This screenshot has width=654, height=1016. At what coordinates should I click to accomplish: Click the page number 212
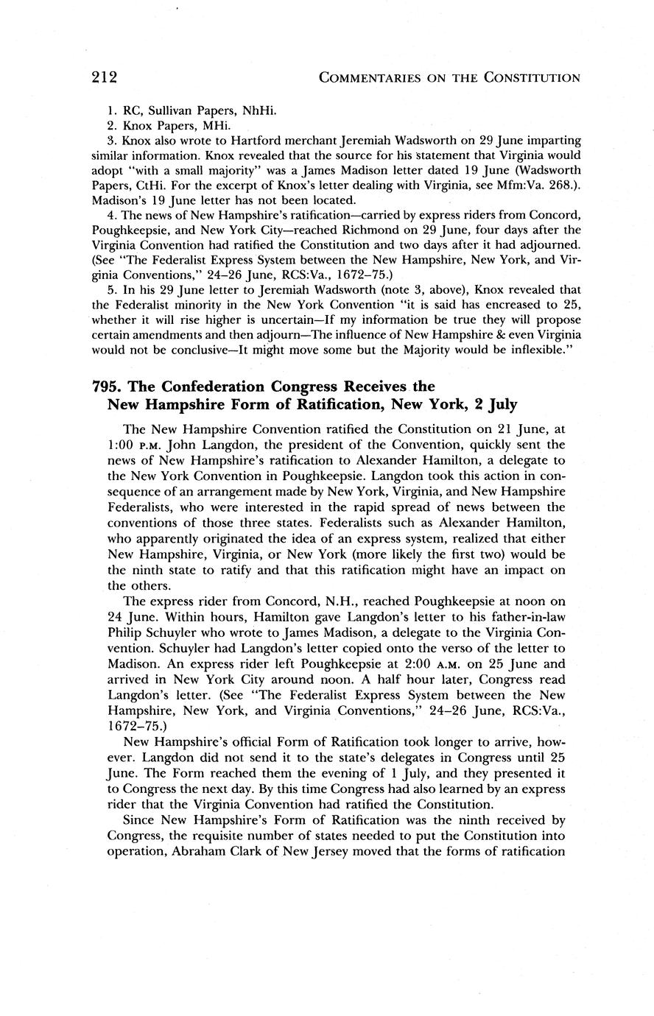coord(105,77)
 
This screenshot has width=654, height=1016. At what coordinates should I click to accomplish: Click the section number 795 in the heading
coord(103,387)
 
